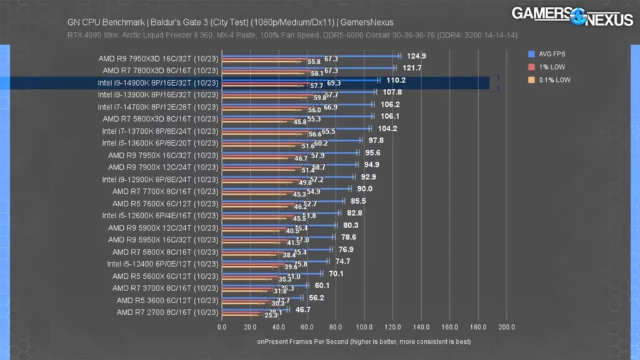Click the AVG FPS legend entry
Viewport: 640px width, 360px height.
pyautogui.click(x=548, y=54)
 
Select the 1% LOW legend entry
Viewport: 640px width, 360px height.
pyautogui.click(x=547, y=67)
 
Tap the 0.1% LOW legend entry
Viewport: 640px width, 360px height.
pyautogui.click(x=549, y=80)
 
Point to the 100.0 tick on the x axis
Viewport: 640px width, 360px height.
pyautogui.click(x=364, y=326)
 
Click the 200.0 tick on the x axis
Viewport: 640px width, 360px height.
pyautogui.click(x=506, y=326)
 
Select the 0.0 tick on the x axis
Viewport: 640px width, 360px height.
pyautogui.click(x=222, y=326)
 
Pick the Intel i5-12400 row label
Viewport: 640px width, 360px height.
pyautogui.click(x=161, y=264)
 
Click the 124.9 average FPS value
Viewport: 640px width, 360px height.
pyautogui.click(x=415, y=56)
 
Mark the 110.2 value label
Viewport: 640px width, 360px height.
pyautogui.click(x=396, y=80)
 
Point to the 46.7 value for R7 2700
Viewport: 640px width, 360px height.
pyautogui.click(x=303, y=309)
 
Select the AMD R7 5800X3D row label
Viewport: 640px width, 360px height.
pyautogui.click(x=161, y=119)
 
